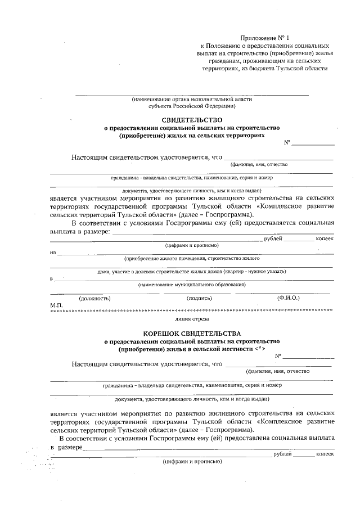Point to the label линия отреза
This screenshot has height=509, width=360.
192,318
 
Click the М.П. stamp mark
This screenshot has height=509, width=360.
56,304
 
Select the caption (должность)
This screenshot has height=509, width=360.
94,298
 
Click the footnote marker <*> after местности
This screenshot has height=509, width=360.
259,349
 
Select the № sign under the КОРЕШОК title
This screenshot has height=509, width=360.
278,356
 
